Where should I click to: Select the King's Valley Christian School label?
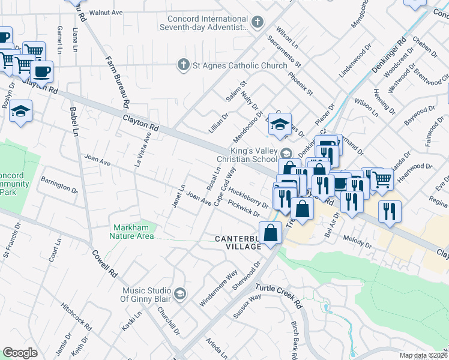pyautogui.click(x=252, y=156)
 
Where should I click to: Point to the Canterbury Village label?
pyautogui.click(x=238, y=242)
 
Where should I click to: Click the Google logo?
pyautogui.click(x=20, y=353)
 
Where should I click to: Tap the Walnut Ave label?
pyautogui.click(x=105, y=12)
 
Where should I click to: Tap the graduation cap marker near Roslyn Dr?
pyautogui.click(x=21, y=112)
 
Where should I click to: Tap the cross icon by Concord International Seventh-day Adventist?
pyautogui.click(x=258, y=23)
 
